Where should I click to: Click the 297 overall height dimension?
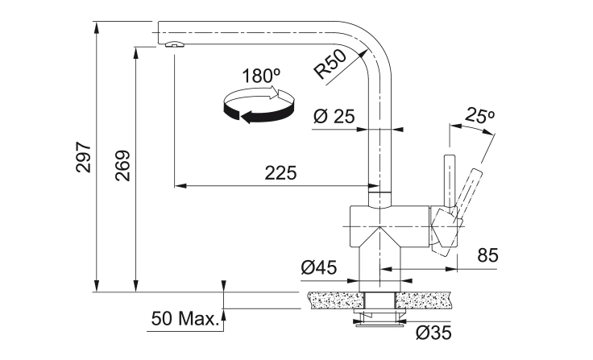84,157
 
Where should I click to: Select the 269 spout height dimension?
123,166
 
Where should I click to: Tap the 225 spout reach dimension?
280,173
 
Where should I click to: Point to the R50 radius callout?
330,64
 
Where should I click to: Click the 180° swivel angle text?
261,76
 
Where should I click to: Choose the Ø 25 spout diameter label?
334,117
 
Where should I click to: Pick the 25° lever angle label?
480,115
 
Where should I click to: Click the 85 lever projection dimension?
488,255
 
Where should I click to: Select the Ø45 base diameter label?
319,267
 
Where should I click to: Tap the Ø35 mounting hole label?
433,333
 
